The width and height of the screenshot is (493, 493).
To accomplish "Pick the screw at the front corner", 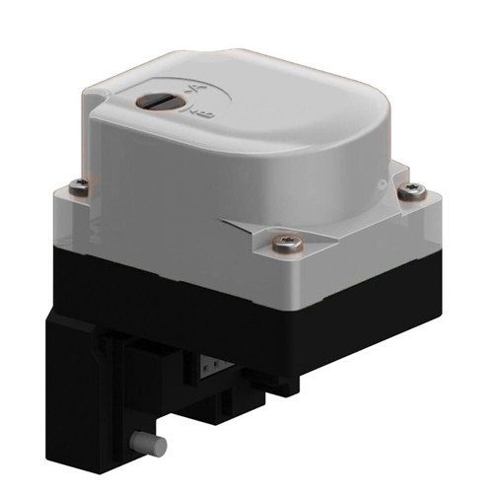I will (286, 240).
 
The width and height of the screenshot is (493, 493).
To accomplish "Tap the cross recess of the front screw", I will (286, 240).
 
